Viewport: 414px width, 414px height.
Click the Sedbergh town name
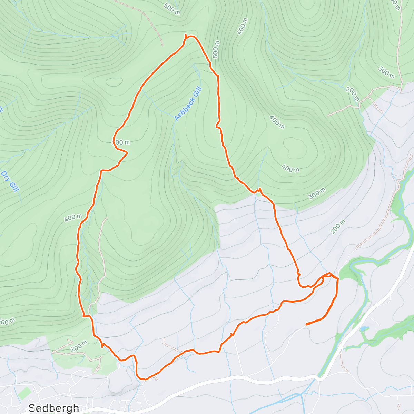(54, 408)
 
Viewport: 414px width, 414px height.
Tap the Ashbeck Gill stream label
(188, 104)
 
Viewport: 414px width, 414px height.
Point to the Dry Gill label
(10, 181)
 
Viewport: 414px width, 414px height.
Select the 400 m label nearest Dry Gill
(73, 218)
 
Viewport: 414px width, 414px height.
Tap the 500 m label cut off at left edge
(7, 321)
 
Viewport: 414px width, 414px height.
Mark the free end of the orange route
(306, 324)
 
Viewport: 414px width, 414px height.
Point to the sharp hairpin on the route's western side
(127, 152)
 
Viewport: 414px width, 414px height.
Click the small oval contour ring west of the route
(114, 82)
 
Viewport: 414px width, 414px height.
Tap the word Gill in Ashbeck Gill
(195, 93)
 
